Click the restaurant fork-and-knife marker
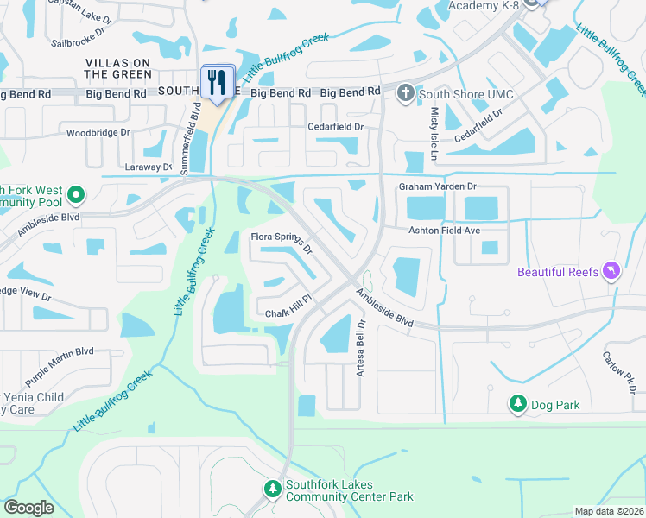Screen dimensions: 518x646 click(218, 83)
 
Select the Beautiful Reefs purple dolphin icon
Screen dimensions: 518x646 click(612, 272)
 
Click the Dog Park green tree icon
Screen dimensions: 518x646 click(518, 403)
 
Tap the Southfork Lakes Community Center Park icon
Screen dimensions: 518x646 click(273, 490)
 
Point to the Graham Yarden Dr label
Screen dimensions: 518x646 click(437, 186)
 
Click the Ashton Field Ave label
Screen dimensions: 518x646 click(444, 231)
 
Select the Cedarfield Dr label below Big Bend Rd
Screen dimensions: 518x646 click(336, 127)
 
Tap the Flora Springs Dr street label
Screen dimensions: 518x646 click(281, 241)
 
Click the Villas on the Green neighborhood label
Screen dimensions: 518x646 click(118, 69)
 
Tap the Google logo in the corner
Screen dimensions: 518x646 click(28, 508)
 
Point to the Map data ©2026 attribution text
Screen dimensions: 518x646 click(608, 511)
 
